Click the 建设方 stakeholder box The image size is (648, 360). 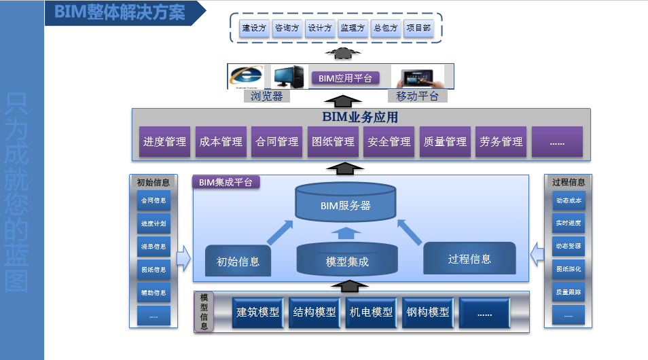pos(254,29)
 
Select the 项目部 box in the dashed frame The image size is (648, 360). pos(417,29)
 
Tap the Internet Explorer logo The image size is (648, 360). pos(245,75)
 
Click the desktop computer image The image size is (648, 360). pos(289,77)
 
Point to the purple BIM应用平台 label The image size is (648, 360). pos(345,78)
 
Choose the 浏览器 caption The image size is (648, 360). pos(266,96)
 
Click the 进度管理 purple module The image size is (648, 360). pos(164,142)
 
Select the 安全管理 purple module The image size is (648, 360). pos(389,142)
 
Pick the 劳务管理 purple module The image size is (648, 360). pos(501,142)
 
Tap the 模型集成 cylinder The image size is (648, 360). pos(347,260)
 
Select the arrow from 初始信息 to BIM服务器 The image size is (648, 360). pos(278,232)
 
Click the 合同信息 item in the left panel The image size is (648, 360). pos(154,201)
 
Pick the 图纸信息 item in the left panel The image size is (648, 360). pos(154,270)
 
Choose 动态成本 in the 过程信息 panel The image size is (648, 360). pos(568,201)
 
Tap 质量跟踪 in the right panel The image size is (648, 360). pos(568,291)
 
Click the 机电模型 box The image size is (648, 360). pos(371,312)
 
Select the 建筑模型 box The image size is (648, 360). pos(257,312)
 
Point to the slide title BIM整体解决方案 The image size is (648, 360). pos(120,13)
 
